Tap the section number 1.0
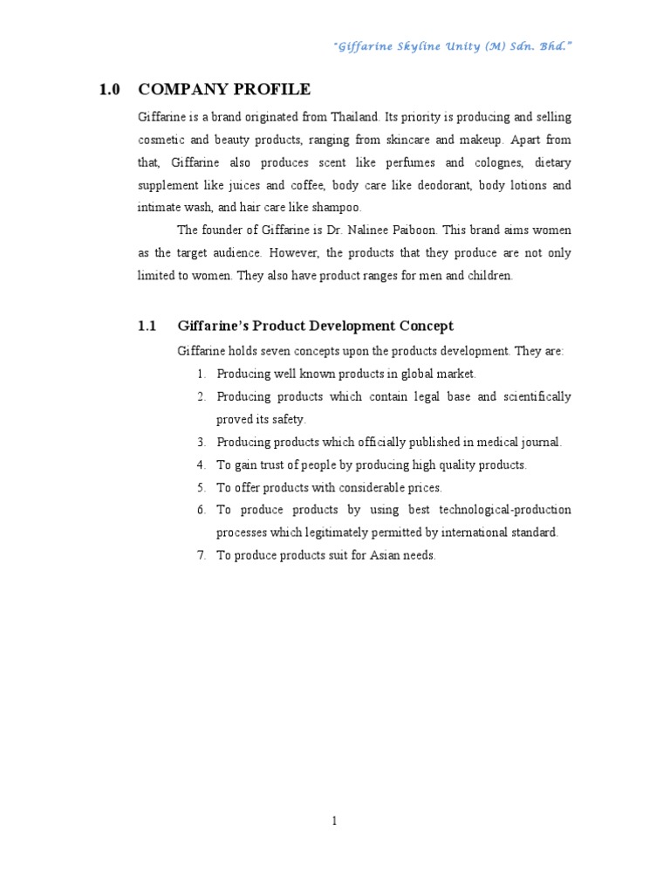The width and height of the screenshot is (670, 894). point(109,89)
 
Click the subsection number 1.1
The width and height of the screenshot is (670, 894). point(147,326)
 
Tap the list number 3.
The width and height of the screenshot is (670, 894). point(200,442)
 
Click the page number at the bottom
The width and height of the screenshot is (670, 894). point(334,820)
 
